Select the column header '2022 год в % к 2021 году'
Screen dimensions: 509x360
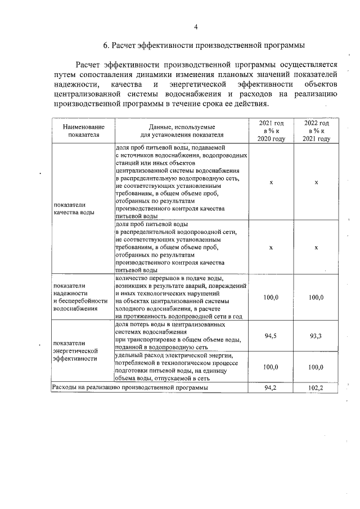[x=317, y=131]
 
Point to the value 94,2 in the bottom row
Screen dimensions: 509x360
[x=271, y=388]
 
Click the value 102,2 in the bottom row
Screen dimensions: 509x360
[x=317, y=388]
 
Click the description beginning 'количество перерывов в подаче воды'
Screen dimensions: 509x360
[x=180, y=297]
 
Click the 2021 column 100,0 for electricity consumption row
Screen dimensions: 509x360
[x=271, y=367]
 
